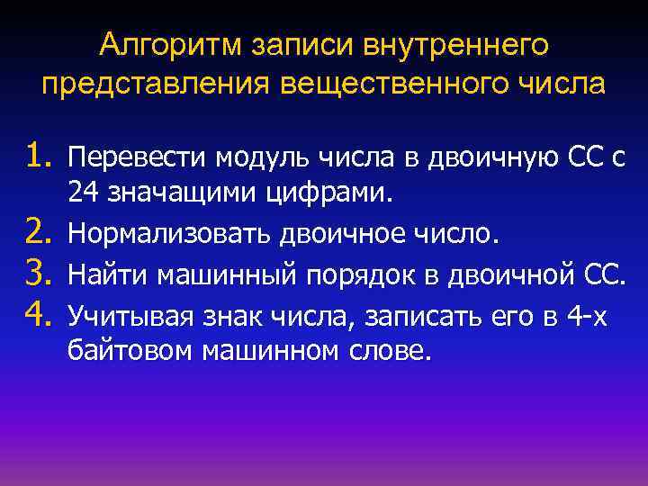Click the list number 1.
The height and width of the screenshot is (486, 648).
click(40, 158)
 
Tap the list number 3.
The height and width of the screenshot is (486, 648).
click(40, 274)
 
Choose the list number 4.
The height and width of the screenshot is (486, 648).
click(40, 313)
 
